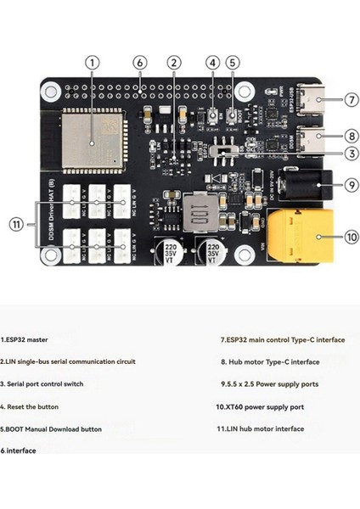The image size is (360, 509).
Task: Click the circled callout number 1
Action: click(x=93, y=63)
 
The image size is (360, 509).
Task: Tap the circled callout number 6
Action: click(x=140, y=63)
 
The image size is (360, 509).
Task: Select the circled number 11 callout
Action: click(x=15, y=224)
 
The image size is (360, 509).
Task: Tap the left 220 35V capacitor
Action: click(x=169, y=253)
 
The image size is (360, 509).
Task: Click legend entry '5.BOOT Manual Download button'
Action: click(x=51, y=428)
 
